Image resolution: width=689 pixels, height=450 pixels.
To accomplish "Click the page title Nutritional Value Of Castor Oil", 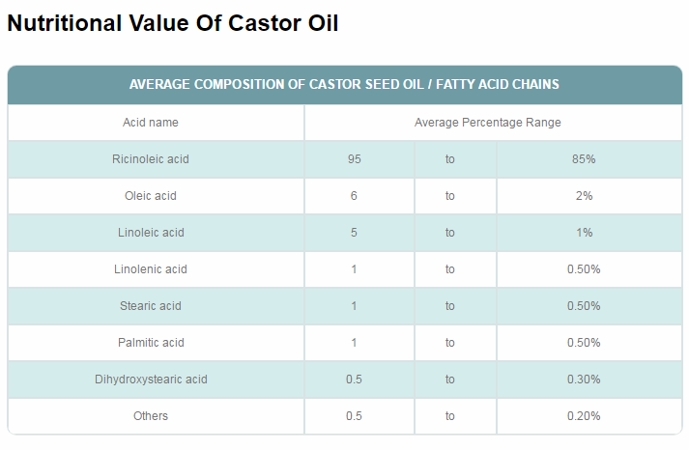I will pyautogui.click(x=173, y=23).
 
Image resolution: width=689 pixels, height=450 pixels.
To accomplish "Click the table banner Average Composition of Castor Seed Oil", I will pyautogui.click(x=344, y=84).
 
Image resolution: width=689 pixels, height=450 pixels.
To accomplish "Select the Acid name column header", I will pyautogui.click(x=151, y=123).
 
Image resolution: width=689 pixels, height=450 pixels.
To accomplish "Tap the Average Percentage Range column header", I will pyautogui.click(x=487, y=123).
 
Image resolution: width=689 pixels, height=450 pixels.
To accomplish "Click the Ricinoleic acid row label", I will pyautogui.click(x=151, y=159).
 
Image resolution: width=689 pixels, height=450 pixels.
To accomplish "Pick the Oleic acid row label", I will pyautogui.click(x=151, y=196).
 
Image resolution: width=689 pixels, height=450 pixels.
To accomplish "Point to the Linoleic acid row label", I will pyautogui.click(x=151, y=233).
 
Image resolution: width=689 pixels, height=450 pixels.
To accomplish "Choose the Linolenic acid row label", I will pyautogui.click(x=151, y=269).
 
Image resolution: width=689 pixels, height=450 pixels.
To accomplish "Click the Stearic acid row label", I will pyautogui.click(x=151, y=306).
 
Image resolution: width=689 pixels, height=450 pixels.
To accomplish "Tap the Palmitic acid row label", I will pyautogui.click(x=151, y=343).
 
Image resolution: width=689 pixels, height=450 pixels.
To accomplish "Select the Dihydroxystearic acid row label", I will pyautogui.click(x=151, y=380).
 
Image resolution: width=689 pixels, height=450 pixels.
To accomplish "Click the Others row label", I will pyautogui.click(x=151, y=416).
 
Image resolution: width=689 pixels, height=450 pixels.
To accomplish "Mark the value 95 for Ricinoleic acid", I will pyautogui.click(x=354, y=159).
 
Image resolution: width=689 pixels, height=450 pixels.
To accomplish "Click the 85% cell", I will pyautogui.click(x=584, y=159).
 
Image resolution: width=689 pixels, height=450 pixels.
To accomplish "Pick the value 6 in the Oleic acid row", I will pyautogui.click(x=354, y=196).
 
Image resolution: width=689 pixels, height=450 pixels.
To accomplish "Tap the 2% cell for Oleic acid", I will pyautogui.click(x=584, y=196).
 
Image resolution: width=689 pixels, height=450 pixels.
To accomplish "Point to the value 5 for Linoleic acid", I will pyautogui.click(x=354, y=233).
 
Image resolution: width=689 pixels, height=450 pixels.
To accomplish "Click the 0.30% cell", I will pyautogui.click(x=584, y=380).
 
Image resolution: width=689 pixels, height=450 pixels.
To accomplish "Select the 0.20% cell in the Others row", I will pyautogui.click(x=584, y=416).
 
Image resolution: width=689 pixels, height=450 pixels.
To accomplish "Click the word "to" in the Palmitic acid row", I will pyautogui.click(x=450, y=343).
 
